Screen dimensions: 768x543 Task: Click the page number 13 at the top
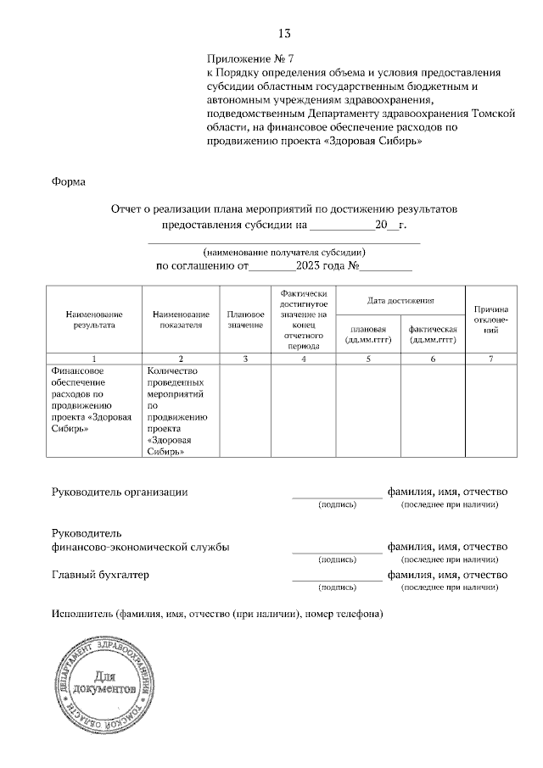[284, 34]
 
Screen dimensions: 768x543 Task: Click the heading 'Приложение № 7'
[249, 59]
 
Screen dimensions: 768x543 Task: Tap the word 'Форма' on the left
[69, 181]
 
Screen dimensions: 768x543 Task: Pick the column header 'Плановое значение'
[245, 319]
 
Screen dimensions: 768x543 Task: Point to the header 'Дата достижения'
[400, 300]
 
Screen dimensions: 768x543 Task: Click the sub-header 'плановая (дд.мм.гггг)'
[368, 334]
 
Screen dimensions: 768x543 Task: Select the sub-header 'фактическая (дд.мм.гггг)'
[433, 334]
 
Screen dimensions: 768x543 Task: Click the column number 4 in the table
[304, 359]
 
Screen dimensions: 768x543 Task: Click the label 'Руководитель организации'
[120, 492]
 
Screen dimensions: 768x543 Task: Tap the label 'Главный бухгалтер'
[100, 575]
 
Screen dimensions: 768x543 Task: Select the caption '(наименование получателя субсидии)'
[284, 253]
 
